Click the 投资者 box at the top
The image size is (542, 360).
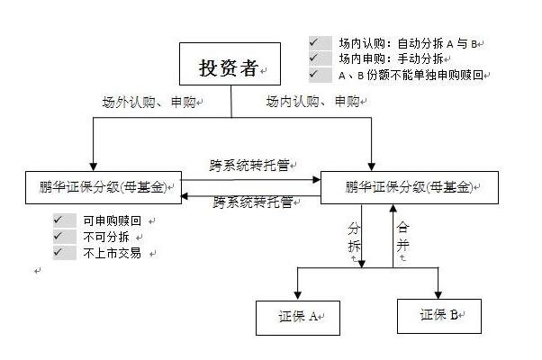click(x=230, y=68)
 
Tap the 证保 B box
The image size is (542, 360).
click(x=438, y=316)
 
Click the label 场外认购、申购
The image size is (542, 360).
click(x=148, y=102)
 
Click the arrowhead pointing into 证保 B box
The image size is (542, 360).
click(x=438, y=293)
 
